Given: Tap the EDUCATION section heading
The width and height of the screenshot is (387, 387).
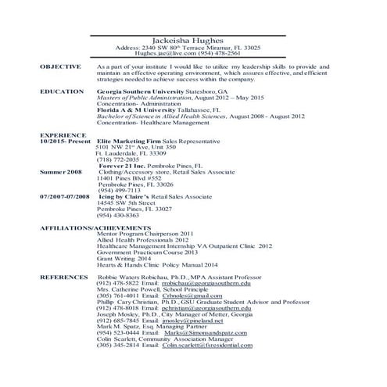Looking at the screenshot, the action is click(x=59, y=91).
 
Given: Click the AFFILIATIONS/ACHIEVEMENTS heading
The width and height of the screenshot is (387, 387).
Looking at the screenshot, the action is click(x=88, y=227).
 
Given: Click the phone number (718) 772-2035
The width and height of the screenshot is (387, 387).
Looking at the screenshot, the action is click(x=117, y=159).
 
